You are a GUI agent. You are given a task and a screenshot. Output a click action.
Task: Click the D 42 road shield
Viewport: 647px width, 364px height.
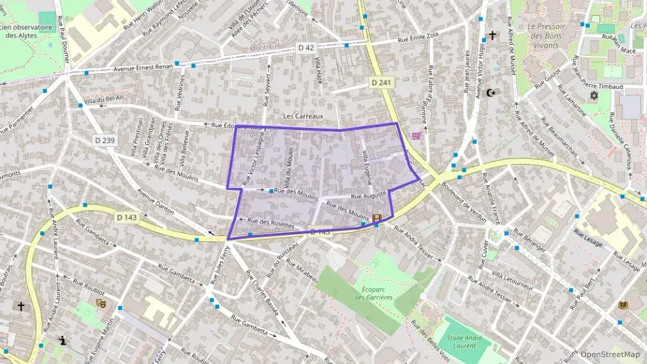(306, 48)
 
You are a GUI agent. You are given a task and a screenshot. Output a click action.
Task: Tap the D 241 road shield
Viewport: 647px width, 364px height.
(380, 82)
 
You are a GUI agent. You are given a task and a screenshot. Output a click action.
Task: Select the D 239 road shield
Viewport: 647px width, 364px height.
(104, 140)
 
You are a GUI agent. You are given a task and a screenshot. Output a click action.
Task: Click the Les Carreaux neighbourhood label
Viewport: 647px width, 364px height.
(303, 116)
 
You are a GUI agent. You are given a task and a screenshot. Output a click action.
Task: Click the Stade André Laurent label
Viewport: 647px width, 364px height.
(465, 341)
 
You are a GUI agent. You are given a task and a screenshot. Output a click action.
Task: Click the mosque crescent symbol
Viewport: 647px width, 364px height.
(491, 92)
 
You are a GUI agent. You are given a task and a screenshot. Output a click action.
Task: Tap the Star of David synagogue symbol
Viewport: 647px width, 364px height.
(593, 94)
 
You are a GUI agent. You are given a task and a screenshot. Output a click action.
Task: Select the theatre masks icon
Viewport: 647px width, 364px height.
(100, 302)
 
